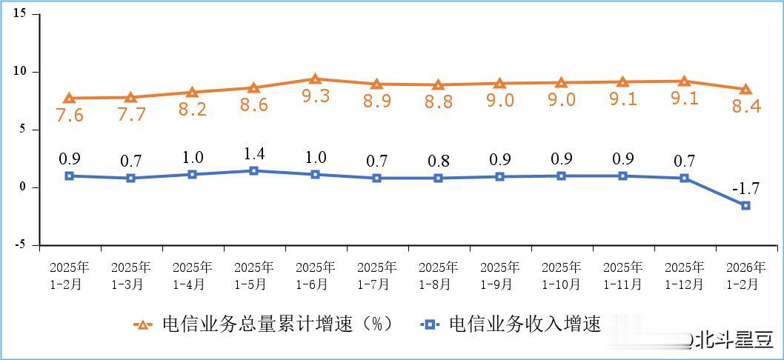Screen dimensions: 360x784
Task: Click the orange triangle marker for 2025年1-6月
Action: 315,79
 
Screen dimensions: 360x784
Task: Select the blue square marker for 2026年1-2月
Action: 745,205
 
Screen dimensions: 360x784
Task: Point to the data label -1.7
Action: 746,187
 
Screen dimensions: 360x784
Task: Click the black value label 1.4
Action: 253,154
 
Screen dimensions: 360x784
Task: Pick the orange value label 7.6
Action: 69,115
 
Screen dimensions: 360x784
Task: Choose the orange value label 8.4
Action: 746,107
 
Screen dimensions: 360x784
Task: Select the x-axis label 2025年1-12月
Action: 684,275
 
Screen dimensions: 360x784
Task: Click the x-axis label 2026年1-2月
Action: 745,275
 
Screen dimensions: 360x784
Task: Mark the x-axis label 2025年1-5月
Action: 253,275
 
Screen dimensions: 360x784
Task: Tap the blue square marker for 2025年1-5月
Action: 253,170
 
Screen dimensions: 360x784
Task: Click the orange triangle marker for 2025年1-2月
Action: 69,98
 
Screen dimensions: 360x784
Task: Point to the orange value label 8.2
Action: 192,110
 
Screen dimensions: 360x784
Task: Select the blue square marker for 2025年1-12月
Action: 684,178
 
